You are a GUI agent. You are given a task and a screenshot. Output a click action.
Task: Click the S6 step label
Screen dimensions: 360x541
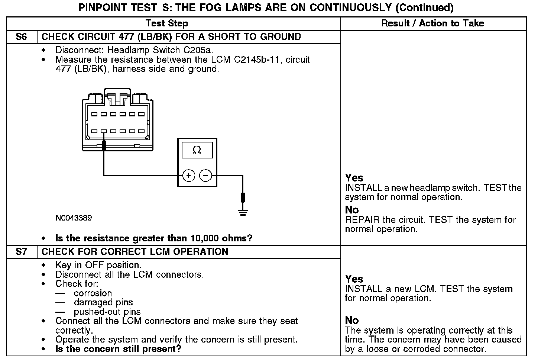[22, 37]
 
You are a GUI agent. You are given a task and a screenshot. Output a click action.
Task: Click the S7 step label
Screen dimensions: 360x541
[22, 252]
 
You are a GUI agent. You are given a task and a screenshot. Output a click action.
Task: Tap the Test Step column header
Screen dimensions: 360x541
[167, 23]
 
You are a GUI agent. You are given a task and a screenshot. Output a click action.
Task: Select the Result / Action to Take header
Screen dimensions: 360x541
[433, 23]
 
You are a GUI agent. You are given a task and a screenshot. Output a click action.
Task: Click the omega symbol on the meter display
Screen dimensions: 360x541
[197, 150]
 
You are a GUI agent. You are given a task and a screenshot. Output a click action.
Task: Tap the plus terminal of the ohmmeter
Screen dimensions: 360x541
[189, 175]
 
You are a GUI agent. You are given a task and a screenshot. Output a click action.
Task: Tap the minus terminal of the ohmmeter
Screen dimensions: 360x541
[206, 175]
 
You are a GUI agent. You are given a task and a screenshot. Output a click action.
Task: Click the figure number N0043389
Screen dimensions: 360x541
[74, 218]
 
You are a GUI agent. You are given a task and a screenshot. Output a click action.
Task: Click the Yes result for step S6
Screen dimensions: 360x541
[354, 178]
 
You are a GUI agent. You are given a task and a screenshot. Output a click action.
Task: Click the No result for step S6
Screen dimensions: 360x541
[352, 210]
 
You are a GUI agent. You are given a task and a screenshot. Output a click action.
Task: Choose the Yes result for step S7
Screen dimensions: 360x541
[354, 279]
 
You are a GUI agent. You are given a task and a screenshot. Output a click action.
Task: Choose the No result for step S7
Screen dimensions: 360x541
[352, 320]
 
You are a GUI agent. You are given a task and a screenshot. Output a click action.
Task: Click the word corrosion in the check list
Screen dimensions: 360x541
[93, 293]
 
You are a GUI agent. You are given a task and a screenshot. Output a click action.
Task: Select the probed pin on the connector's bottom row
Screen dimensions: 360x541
[104, 131]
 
